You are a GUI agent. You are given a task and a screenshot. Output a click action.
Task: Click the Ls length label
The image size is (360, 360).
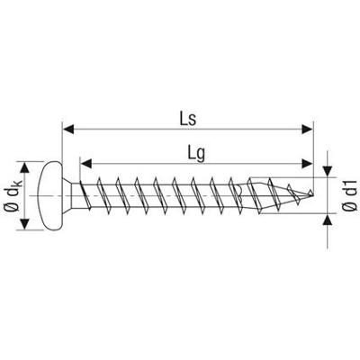coord(186,117)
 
